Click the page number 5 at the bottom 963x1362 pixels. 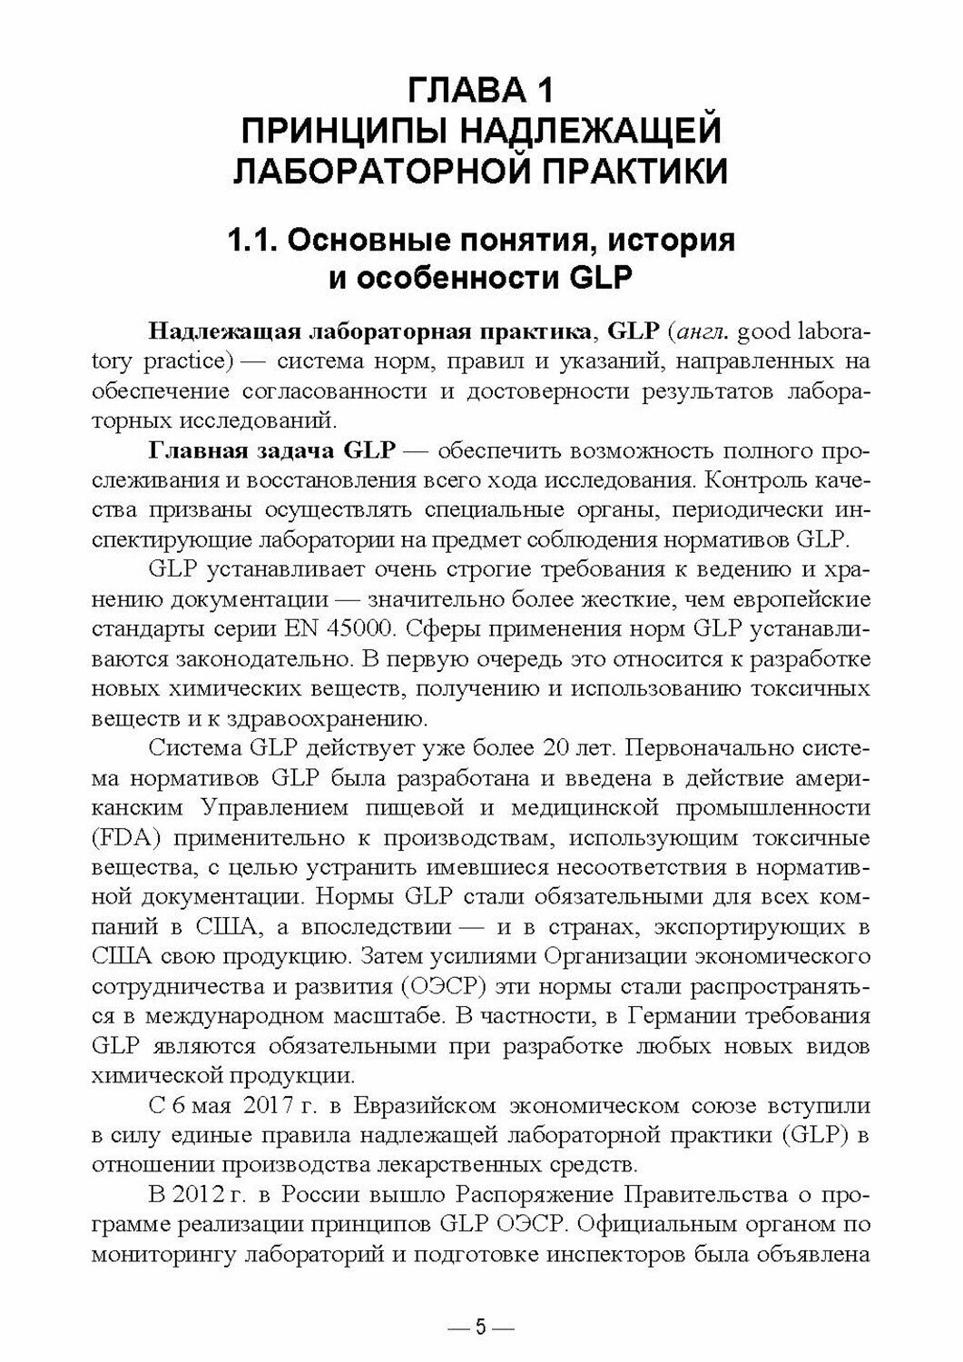[x=481, y=1327]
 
